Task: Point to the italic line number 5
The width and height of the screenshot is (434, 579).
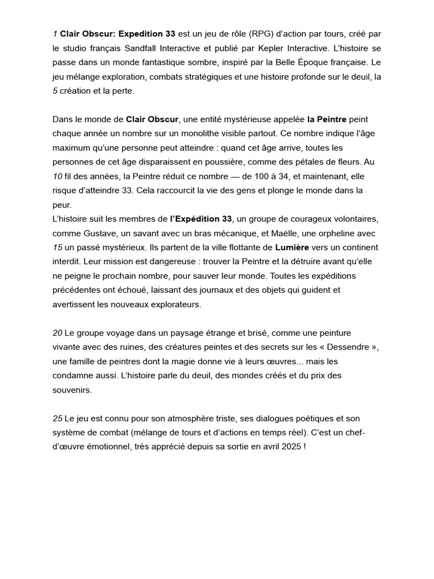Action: click(55, 90)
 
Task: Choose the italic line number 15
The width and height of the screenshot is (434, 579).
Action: click(57, 247)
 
